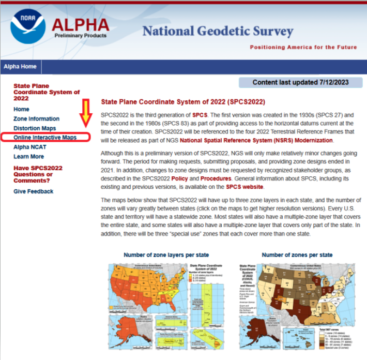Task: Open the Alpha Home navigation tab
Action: pyautogui.click(x=20, y=67)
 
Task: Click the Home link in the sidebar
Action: pyautogui.click(x=21, y=109)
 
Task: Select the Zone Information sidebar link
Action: pyautogui.click(x=36, y=118)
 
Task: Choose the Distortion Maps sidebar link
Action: pyautogui.click(x=35, y=128)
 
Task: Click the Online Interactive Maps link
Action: pyautogui.click(x=45, y=138)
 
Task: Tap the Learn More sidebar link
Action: pyautogui.click(x=28, y=156)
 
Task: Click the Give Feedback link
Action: pyautogui.click(x=33, y=191)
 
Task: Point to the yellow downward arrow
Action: pyautogui.click(x=86, y=113)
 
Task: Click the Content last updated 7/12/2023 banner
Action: pyautogui.click(x=300, y=83)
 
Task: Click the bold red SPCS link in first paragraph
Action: pyautogui.click(x=199, y=114)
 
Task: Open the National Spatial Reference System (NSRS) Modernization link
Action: pyautogui.click(x=256, y=141)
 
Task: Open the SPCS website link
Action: pyautogui.click(x=244, y=187)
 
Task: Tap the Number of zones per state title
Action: pyautogui.click(x=297, y=255)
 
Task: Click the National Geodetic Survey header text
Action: pyautogui.click(x=218, y=32)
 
